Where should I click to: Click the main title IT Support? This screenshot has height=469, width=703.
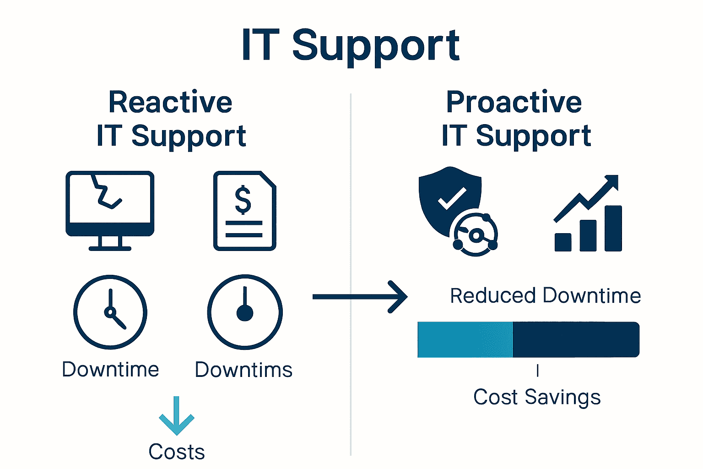[351, 45]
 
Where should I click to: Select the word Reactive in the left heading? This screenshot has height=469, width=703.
[170, 102]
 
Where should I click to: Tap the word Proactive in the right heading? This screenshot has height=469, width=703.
[514, 102]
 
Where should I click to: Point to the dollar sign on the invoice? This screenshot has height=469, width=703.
[243, 200]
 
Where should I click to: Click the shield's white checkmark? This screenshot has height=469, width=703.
[452, 198]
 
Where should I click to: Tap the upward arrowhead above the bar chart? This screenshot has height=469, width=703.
[611, 182]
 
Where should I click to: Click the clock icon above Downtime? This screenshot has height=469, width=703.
[110, 312]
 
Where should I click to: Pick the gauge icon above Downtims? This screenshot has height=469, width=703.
[245, 312]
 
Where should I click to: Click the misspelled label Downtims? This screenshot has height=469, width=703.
[243, 370]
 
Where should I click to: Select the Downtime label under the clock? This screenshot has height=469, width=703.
[110, 369]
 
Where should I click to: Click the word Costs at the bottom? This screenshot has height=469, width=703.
[177, 452]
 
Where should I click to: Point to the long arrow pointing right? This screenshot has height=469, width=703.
[360, 297]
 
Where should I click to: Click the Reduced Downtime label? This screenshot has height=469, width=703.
[545, 296]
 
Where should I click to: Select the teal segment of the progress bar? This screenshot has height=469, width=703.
[465, 339]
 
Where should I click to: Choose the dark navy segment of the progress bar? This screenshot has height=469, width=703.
[575, 339]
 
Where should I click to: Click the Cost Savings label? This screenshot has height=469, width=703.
[537, 397]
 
